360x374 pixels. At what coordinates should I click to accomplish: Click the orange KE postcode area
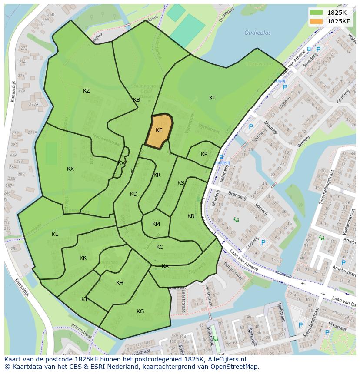tap(159, 131)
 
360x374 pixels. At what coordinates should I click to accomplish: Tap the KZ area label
tap(87, 91)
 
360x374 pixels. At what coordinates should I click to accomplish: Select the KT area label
tap(212, 98)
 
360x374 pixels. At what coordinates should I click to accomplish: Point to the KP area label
tap(204, 154)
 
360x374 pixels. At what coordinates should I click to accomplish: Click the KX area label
tap(70, 169)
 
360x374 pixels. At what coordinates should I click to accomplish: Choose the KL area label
tap(55, 234)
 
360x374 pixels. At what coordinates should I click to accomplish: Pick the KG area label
tap(140, 311)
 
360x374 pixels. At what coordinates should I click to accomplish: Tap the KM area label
tap(156, 224)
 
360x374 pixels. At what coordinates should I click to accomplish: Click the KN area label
tap(191, 216)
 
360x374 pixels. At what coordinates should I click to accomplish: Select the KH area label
tap(120, 283)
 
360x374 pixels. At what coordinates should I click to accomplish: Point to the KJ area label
tap(84, 299)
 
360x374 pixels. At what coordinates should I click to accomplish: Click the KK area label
tap(83, 258)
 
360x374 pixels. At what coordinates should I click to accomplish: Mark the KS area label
tap(181, 183)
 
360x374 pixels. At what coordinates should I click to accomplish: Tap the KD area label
tap(133, 194)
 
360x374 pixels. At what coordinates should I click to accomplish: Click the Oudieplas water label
tap(257, 33)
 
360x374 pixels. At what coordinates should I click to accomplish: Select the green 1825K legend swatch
tap(316, 12)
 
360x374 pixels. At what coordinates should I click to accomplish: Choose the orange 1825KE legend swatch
tap(316, 21)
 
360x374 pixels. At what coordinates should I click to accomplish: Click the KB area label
tap(137, 100)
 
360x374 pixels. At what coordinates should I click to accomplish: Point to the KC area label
tap(160, 247)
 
